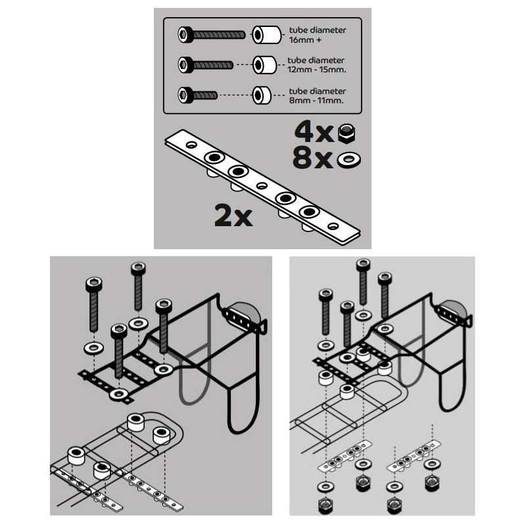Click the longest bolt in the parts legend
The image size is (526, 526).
click(x=211, y=35)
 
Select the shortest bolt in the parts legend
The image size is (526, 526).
click(x=198, y=95)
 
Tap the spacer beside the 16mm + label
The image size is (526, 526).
click(x=267, y=35)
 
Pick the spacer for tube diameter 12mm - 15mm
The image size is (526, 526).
click(x=265, y=64)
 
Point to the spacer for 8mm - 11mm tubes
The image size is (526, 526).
click(x=262, y=95)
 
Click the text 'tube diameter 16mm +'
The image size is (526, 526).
click(x=318, y=35)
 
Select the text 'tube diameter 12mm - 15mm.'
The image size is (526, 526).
click(x=317, y=65)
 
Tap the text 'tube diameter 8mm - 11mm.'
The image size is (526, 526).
click(x=317, y=95)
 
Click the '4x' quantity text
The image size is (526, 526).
click(x=314, y=132)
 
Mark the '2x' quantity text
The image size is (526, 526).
click(x=233, y=216)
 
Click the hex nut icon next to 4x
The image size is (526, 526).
click(x=347, y=133)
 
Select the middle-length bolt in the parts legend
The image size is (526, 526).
click(x=206, y=64)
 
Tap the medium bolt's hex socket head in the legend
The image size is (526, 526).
click(x=185, y=64)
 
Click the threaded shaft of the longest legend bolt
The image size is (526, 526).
click(x=220, y=35)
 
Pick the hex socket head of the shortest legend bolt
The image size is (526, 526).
click(x=185, y=95)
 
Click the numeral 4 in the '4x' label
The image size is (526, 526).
click(x=304, y=132)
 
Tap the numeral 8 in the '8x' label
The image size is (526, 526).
click(x=303, y=158)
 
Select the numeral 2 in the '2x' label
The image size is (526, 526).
click(x=224, y=216)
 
